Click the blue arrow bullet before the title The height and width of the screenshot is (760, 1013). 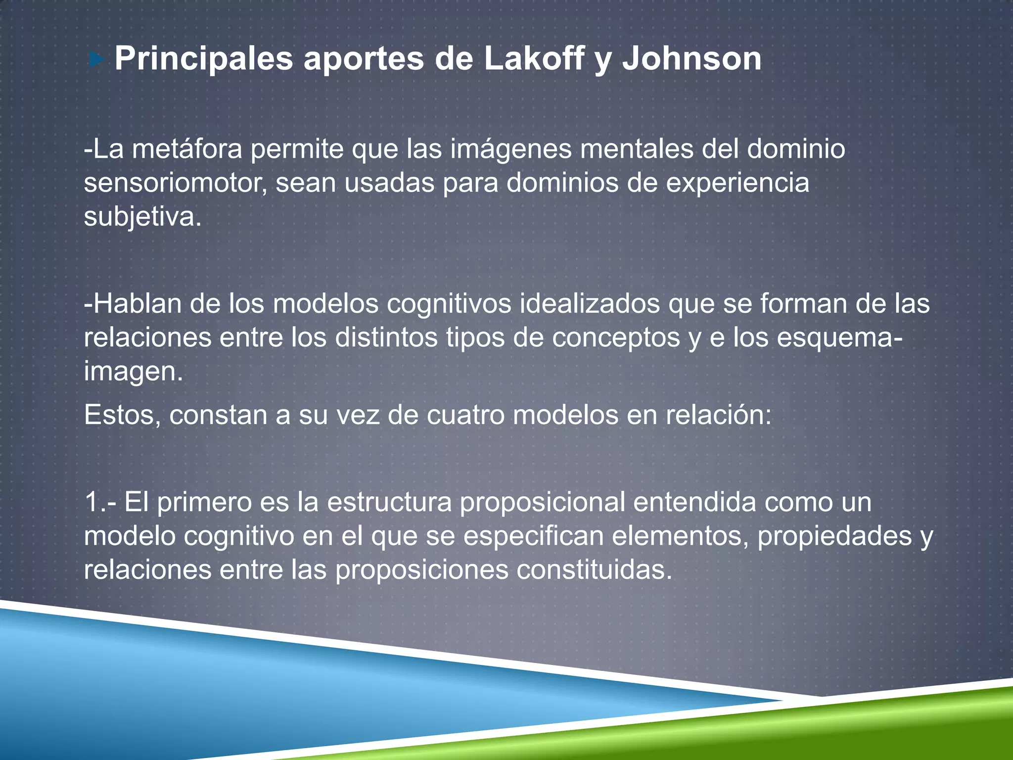(97, 60)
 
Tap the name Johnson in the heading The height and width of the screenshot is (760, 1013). (691, 59)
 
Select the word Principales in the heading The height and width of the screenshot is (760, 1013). (204, 59)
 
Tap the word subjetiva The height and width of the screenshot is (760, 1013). (142, 217)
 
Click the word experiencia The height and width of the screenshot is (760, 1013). (737, 183)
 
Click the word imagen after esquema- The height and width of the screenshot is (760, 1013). (133, 372)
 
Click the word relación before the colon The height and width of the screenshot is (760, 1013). (718, 415)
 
